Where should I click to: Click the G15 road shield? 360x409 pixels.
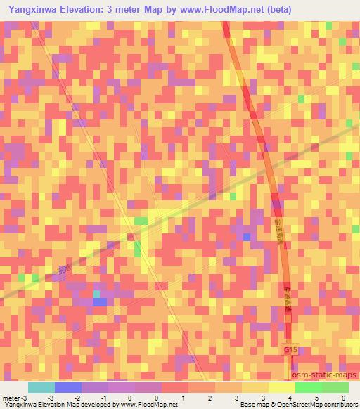[x=291, y=349]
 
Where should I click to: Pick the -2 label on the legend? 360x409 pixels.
[x=78, y=398]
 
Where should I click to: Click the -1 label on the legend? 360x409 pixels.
[x=104, y=398]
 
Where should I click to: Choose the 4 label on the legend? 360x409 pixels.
[x=290, y=398]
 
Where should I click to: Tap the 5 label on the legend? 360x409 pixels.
[x=316, y=398]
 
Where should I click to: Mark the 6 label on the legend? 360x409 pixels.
[x=343, y=398]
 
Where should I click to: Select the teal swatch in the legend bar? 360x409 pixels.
[x=41, y=387]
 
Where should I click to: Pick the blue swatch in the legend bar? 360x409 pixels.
[x=68, y=387]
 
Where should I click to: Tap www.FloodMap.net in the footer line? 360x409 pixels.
[x=148, y=405]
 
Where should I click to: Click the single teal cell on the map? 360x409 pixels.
[x=97, y=294]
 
